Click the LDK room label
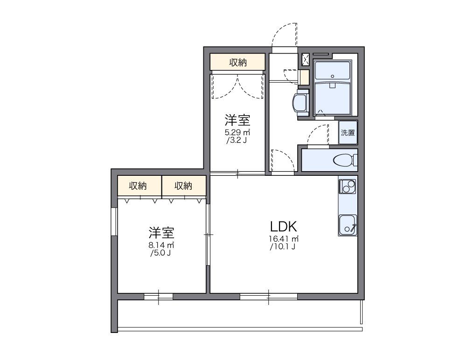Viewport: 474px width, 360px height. click(283, 227)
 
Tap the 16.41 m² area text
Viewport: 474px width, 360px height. click(283, 239)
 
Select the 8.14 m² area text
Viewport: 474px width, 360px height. click(161, 245)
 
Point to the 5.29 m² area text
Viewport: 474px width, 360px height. click(237, 132)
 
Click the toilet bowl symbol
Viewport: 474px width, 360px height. click(343, 160)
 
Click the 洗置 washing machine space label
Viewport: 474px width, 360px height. click(348, 132)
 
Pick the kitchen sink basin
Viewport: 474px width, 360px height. click(347, 224)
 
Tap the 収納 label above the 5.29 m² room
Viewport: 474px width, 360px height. click(237, 62)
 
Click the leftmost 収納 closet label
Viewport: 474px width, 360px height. click(138, 186)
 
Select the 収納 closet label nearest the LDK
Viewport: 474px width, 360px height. click(183, 186)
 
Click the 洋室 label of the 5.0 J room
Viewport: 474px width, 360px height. click(161, 232)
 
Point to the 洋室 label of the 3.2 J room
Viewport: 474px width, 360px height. click(237, 120)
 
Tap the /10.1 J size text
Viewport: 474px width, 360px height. click(283, 247)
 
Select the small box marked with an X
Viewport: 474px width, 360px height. click(306, 60)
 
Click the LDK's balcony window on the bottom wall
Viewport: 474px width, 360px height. click(269, 296)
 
